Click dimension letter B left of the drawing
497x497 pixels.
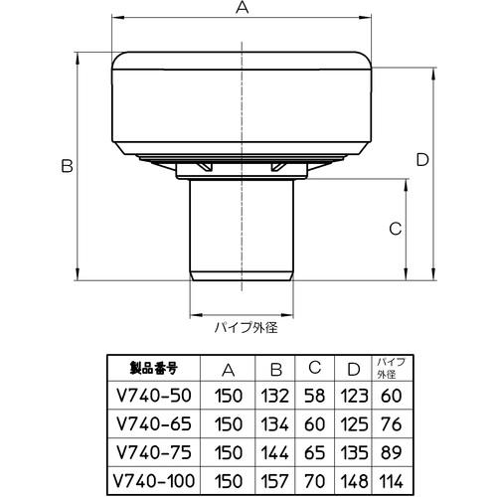[x=67, y=168]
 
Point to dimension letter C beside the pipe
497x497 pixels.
[x=395, y=229]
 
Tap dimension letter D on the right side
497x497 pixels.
[x=421, y=159]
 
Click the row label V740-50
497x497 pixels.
[x=150, y=394]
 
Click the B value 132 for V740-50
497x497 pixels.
[x=277, y=394]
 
